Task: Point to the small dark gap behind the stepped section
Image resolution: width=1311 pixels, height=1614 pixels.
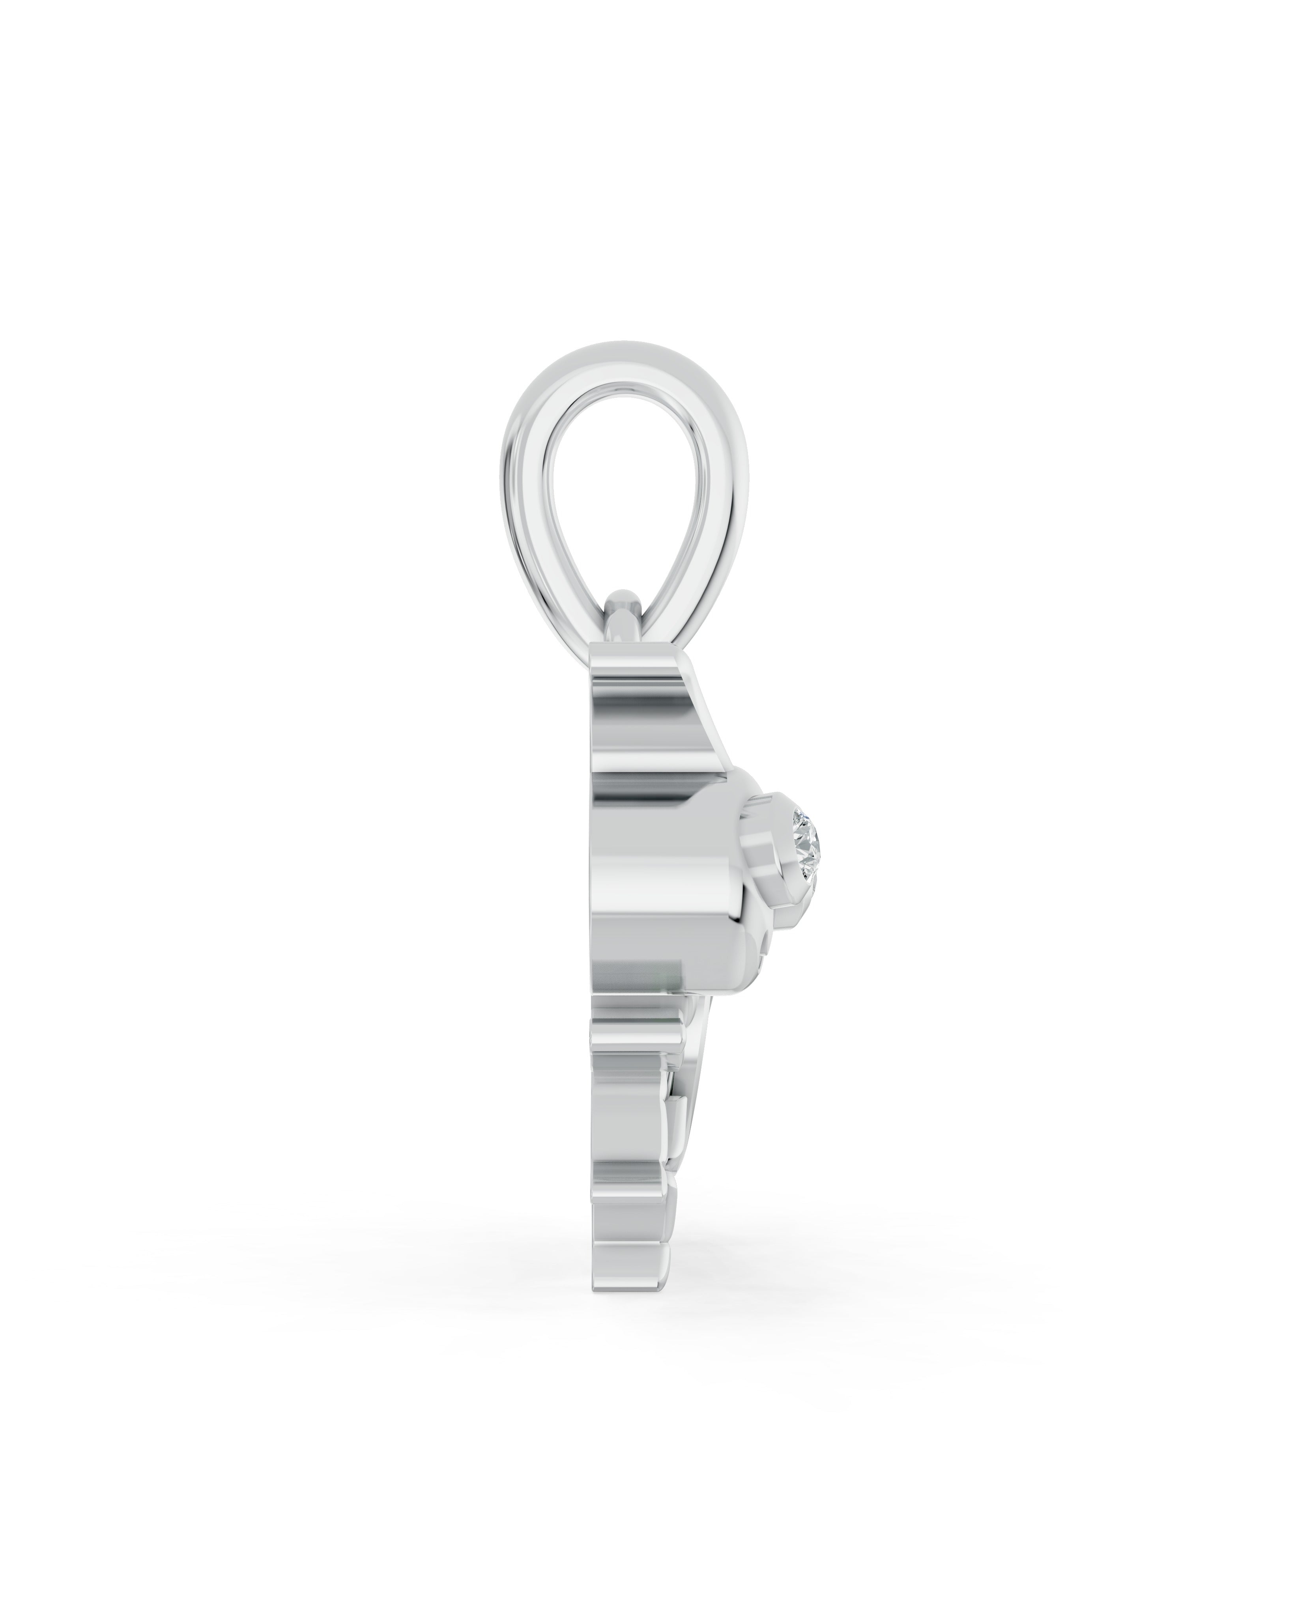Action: point(664,1125)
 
